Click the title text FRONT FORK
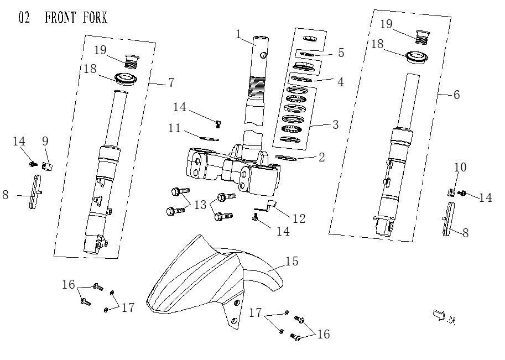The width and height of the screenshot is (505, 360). coord(76,18)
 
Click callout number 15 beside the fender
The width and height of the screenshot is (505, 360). coord(291,261)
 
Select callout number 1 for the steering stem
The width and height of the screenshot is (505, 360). coord(238,34)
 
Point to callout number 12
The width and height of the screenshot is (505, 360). coord(299,218)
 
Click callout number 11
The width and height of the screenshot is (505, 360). coord(175,128)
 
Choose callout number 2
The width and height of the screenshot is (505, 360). coord(321,157)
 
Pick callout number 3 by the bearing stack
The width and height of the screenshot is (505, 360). coord(335,124)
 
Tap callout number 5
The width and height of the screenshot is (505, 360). coord(341,53)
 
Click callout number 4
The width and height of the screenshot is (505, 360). coord(341,82)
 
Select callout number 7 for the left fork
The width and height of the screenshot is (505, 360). coord(171,82)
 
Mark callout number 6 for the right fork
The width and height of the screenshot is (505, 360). coord(456,95)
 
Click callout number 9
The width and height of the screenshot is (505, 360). coord(46,142)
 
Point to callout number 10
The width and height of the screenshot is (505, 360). coord(460,167)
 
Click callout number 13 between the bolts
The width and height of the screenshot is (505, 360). coord(200,204)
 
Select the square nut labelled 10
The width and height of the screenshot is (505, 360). coord(451,192)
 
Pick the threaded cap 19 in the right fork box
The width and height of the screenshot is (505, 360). coord(422,36)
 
